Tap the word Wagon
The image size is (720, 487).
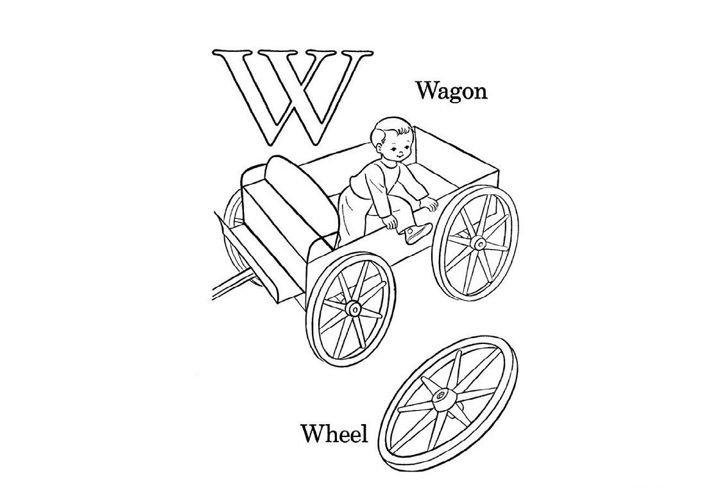coord(451,91)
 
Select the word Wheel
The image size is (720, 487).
coord(334,433)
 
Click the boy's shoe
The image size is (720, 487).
coord(417,232)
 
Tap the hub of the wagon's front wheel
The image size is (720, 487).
coord(354,309)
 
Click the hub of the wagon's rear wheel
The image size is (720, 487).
coord(479,243)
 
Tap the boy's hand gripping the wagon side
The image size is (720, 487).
coord(390,223)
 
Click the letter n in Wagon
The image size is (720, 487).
coord(479,93)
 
